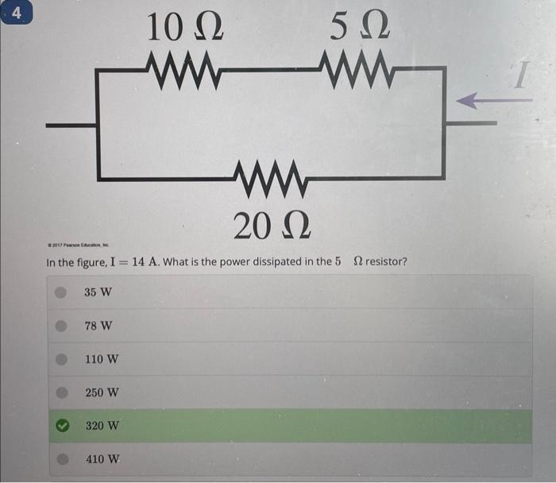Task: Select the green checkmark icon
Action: pyautogui.click(x=60, y=426)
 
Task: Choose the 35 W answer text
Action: pyautogui.click(x=98, y=292)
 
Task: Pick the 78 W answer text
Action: pyautogui.click(x=98, y=326)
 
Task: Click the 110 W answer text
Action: pyautogui.click(x=102, y=359)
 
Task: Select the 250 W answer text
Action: pyautogui.click(x=102, y=392)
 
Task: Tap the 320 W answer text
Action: pyautogui.click(x=102, y=426)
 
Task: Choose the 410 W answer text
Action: pyautogui.click(x=102, y=459)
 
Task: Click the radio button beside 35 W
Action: pyautogui.click(x=60, y=292)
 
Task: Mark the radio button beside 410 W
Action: pyautogui.click(x=60, y=459)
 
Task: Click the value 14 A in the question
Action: pyautogui.click(x=142, y=262)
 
